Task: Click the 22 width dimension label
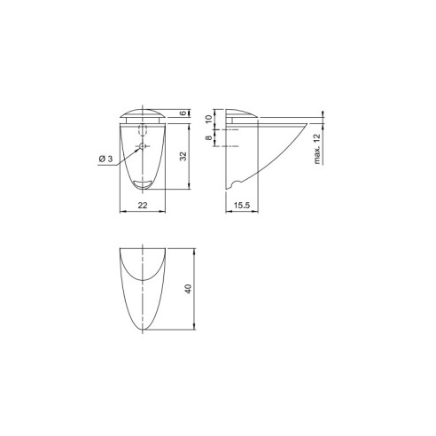tap(141, 206)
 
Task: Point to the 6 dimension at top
tap(182, 113)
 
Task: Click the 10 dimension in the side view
tap(209, 119)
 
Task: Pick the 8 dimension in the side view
tap(209, 138)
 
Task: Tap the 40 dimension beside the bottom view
tap(188, 291)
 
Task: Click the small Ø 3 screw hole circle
tap(141, 144)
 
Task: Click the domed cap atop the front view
tap(141, 113)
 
